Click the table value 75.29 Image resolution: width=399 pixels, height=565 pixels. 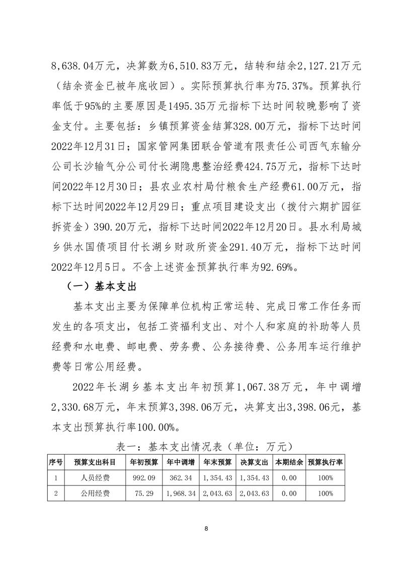[x=144, y=493]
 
